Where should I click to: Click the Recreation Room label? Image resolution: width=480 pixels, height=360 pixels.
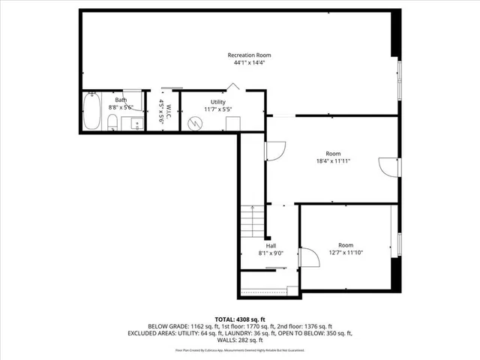(249, 55)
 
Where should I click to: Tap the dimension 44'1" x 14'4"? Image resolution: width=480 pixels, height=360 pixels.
(249, 63)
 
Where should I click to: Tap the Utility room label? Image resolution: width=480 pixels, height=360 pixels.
(218, 101)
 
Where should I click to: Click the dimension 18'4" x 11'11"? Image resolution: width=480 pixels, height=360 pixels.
(333, 160)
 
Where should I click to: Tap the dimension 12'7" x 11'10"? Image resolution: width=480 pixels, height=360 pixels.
(345, 253)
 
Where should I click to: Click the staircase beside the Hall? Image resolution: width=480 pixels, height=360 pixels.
(252, 222)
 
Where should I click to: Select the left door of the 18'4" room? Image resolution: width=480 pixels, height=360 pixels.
(274, 152)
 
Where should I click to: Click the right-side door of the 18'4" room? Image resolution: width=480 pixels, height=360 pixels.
(388, 166)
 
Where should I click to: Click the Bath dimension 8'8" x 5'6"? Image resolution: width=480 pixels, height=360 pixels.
(121, 108)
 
